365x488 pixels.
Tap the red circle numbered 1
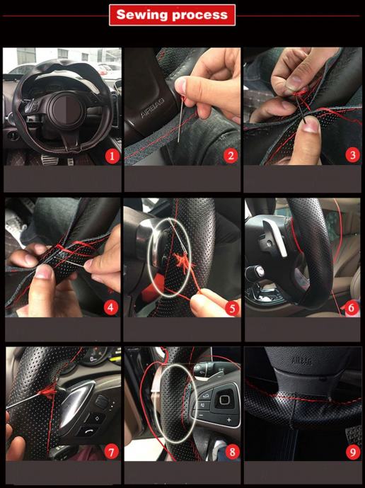[112, 156]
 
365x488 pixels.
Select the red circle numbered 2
[231, 156]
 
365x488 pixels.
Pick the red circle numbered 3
[352, 154]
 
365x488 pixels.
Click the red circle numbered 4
[110, 307]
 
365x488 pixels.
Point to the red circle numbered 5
[232, 308]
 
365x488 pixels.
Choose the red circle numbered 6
[352, 308]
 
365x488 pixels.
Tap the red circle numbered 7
[111, 452]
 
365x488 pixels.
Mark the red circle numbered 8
[232, 452]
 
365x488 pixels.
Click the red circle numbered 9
[352, 452]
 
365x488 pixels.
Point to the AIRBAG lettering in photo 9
[302, 361]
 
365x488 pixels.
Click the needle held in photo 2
[180, 119]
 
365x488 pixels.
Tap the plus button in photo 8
[228, 420]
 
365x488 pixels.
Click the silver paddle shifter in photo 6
[275, 237]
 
